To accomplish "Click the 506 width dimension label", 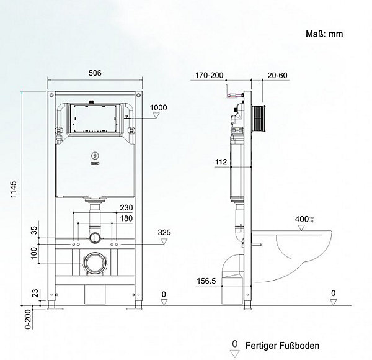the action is pos(95,73).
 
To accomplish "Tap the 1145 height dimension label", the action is pos(13,189).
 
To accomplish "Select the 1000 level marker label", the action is pos(158,107).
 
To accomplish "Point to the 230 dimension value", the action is pos(126,207).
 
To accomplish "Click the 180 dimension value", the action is pos(126,218).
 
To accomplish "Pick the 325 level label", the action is pos(164,232).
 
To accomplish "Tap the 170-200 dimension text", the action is pos(209,75).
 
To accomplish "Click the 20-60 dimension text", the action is pos(277,75).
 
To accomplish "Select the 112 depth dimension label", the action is pos(221,162).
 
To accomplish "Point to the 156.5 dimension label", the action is pos(206,281).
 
